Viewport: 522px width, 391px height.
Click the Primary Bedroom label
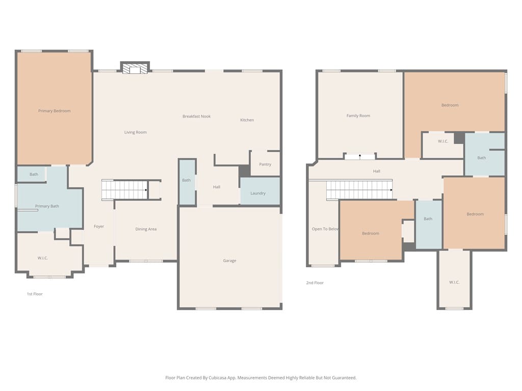coord(54,110)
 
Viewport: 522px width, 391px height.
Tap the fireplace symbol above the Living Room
coord(135,68)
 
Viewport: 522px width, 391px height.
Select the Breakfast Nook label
coord(196,116)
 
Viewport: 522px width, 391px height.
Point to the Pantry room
coord(265,163)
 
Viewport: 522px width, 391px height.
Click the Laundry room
coord(260,191)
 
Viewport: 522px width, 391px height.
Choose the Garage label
coord(229,261)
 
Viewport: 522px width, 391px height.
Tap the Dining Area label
coord(146,229)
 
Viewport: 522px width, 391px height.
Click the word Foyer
coord(99,227)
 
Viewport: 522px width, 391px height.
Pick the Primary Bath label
coord(47,206)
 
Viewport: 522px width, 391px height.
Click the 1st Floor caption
coord(35,294)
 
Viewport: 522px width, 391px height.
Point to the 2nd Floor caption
coord(315,283)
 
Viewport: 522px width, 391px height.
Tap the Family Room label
coord(358,116)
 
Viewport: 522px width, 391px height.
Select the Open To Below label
coord(325,229)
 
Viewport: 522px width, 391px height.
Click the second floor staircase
coord(359,190)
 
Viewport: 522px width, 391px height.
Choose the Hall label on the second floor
coord(377,171)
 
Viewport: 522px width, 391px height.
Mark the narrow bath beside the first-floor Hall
coord(187,182)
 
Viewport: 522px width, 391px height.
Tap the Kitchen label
coord(247,120)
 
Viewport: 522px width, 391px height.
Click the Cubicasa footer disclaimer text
coord(261,378)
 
